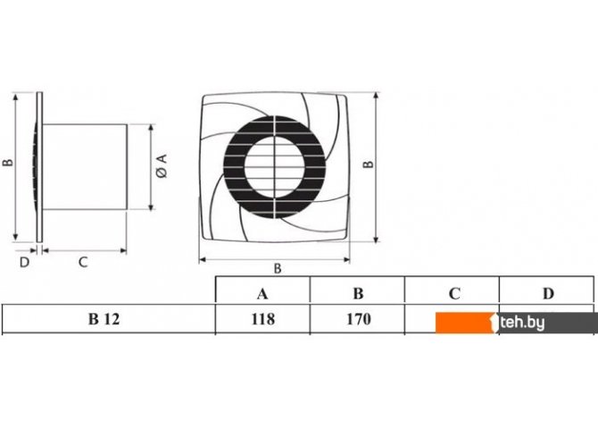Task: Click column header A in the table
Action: pyautogui.click(x=262, y=294)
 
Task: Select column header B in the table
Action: pyautogui.click(x=358, y=293)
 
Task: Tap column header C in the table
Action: pyautogui.click(x=453, y=293)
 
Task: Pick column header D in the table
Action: pyautogui.click(x=548, y=293)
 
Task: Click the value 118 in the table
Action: pyautogui.click(x=262, y=319)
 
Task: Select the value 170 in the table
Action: pyautogui.click(x=358, y=319)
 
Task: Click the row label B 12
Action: pyautogui.click(x=104, y=319)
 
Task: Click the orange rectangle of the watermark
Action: pyautogui.click(x=464, y=323)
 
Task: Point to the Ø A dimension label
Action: pyautogui.click(x=162, y=165)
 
